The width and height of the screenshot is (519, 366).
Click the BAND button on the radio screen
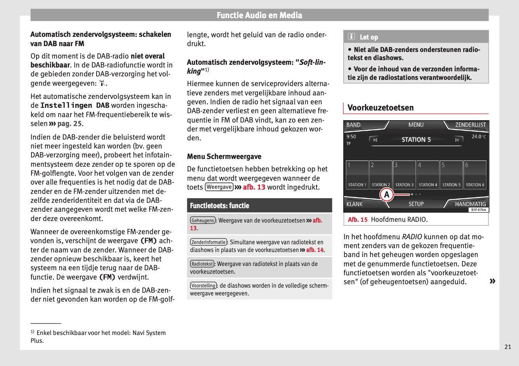pos(353,125)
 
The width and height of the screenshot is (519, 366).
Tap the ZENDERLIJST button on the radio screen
pos(470,125)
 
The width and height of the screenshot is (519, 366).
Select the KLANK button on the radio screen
pos(355,204)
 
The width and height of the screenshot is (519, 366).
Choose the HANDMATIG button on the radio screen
pos(470,204)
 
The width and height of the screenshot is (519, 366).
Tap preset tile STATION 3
pos(404,175)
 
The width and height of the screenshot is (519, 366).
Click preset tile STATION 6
pos(475,175)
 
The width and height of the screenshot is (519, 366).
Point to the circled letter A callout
pos(387,195)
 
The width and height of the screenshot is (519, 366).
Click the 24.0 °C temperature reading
pos(479,136)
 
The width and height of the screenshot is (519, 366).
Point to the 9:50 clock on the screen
pos(351,136)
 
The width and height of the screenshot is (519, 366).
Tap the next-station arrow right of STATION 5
pos(457,140)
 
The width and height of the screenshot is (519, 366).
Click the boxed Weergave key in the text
pos(219,187)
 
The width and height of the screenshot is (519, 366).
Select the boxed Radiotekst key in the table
pos(202,264)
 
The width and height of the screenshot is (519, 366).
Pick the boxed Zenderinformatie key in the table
pos(208,242)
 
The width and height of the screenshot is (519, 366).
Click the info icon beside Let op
pos(351,37)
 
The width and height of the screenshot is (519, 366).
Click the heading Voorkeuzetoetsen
pos(381,108)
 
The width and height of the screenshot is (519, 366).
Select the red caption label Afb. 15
pos(358,219)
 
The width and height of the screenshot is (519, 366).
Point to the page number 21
pos(508,347)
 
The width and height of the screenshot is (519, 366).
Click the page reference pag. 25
pos(69,124)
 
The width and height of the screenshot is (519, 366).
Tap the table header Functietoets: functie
pos(220,205)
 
